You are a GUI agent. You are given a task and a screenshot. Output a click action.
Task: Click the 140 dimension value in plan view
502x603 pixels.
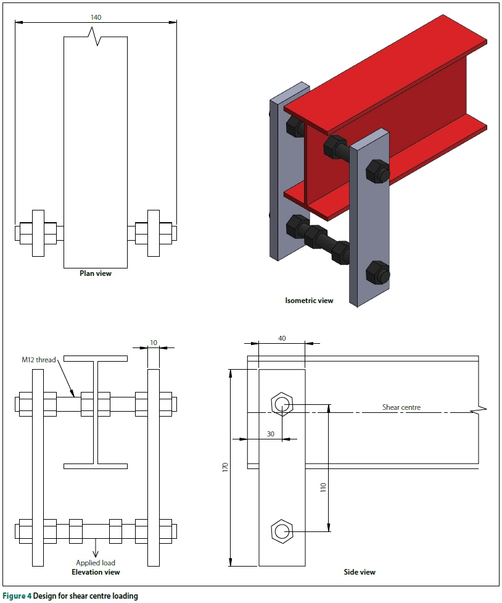click(96, 17)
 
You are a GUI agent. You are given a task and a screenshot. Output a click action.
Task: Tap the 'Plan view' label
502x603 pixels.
click(96, 273)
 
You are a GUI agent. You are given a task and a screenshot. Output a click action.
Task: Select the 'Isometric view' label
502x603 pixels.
click(309, 301)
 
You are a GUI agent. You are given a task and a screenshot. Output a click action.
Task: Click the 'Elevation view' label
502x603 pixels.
click(96, 572)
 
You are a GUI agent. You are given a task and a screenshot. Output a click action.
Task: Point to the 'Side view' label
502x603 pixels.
click(360, 572)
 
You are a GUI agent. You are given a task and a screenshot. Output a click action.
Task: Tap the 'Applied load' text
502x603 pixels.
click(96, 562)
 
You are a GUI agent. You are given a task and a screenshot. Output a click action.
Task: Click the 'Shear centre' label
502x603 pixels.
click(401, 407)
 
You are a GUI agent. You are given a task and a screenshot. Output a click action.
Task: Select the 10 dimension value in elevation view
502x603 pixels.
click(153, 341)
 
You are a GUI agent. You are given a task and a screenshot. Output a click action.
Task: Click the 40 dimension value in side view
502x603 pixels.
click(281, 338)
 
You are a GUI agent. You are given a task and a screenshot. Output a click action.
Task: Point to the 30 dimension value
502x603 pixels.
click(270, 434)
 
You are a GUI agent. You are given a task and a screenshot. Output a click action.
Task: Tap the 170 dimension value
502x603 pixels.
click(225, 468)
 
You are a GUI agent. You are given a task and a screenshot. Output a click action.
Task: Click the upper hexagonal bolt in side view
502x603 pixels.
click(282, 405)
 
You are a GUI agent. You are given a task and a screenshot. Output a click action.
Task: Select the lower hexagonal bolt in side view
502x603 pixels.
click(282, 531)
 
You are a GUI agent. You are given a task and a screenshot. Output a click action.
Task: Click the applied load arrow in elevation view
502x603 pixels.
click(96, 548)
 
